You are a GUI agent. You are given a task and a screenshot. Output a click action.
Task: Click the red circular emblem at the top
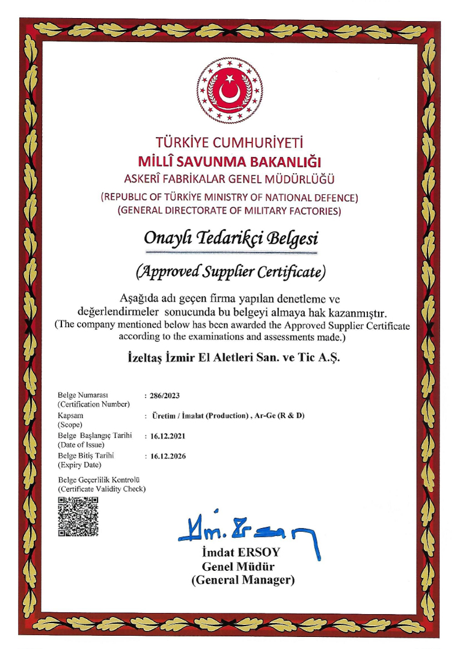tap(230, 91)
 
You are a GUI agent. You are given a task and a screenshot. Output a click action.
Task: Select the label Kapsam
tap(70, 415)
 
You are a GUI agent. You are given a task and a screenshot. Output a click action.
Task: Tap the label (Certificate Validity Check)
tap(102, 489)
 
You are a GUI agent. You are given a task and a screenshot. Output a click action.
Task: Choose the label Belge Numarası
tap(82, 395)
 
